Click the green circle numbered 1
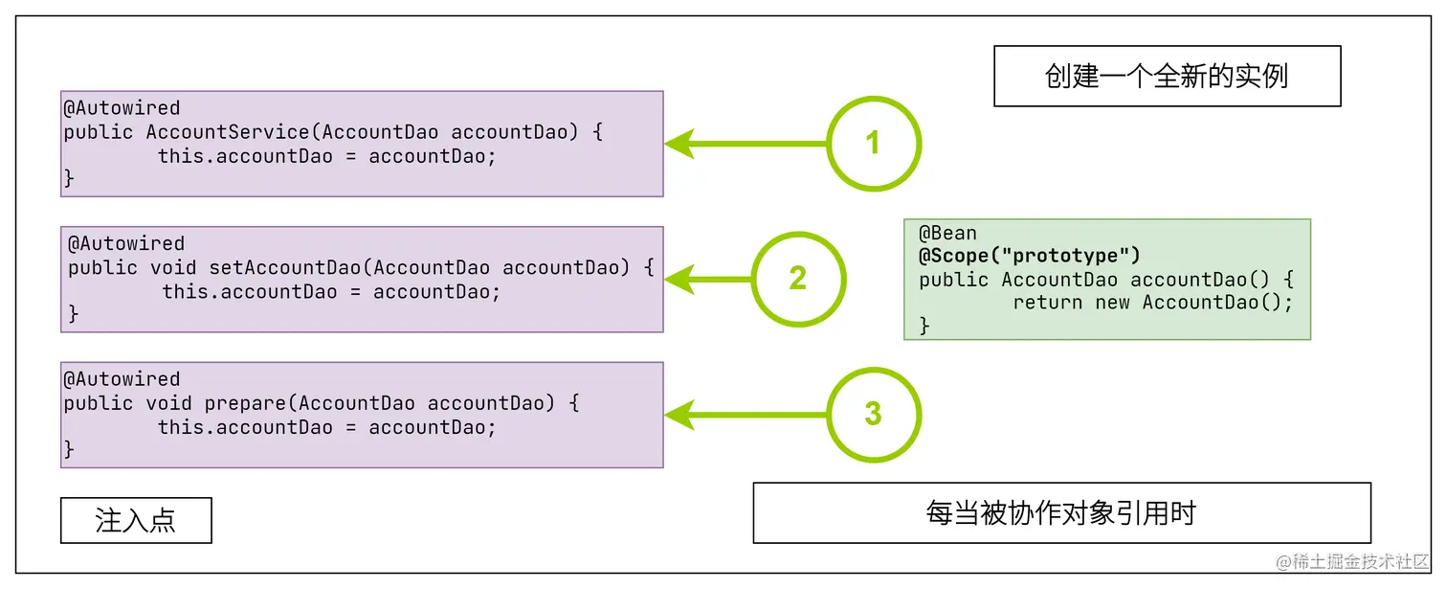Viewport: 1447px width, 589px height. pyautogui.click(x=872, y=144)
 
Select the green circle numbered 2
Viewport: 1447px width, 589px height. pyautogui.click(x=798, y=279)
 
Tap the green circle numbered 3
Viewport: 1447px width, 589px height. pyautogui.click(x=872, y=415)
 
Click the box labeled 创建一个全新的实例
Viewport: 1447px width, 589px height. pyautogui.click(x=1167, y=76)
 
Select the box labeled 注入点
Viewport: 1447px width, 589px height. pyautogui.click(x=136, y=520)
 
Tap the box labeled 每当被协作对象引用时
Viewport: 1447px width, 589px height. pyautogui.click(x=1061, y=513)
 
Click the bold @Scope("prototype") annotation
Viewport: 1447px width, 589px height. pyautogui.click(x=1030, y=256)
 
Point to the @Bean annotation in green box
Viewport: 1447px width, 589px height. pyautogui.click(x=947, y=233)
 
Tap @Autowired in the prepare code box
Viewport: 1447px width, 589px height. pyautogui.click(x=122, y=379)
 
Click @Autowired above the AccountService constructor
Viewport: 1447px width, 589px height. pyautogui.click(x=122, y=108)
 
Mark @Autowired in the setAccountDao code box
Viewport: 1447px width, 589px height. pyautogui.click(x=125, y=243)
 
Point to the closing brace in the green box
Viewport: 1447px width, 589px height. pyautogui.click(x=924, y=326)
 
